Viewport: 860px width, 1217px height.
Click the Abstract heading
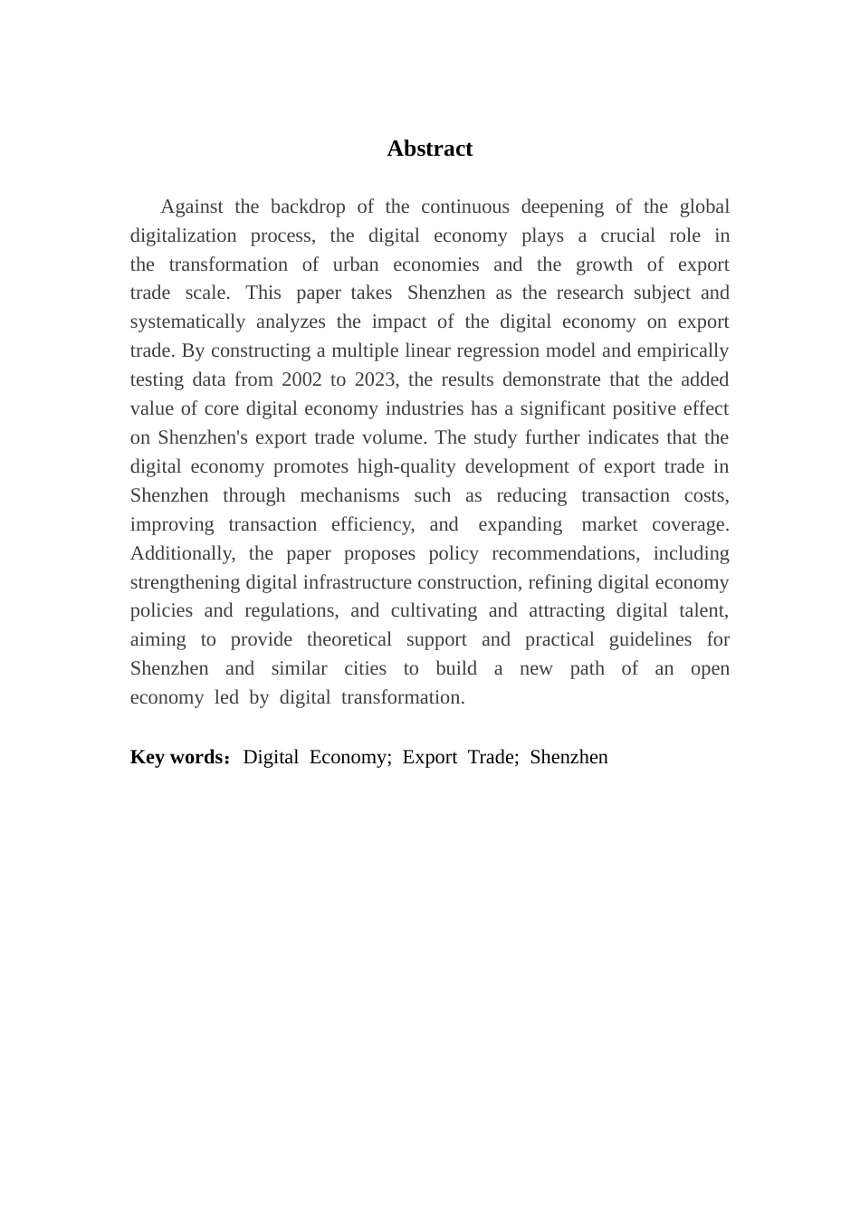(x=429, y=149)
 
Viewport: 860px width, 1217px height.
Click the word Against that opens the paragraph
(x=192, y=206)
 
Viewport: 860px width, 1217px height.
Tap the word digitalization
(x=184, y=235)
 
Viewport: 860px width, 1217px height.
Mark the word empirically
(x=683, y=350)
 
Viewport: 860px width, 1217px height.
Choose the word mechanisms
(x=349, y=495)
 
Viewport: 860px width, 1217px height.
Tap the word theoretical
(x=349, y=639)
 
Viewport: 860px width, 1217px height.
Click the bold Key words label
(x=177, y=757)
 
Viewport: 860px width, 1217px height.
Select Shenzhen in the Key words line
(x=569, y=757)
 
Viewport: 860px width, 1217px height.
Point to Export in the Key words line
(x=429, y=757)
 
